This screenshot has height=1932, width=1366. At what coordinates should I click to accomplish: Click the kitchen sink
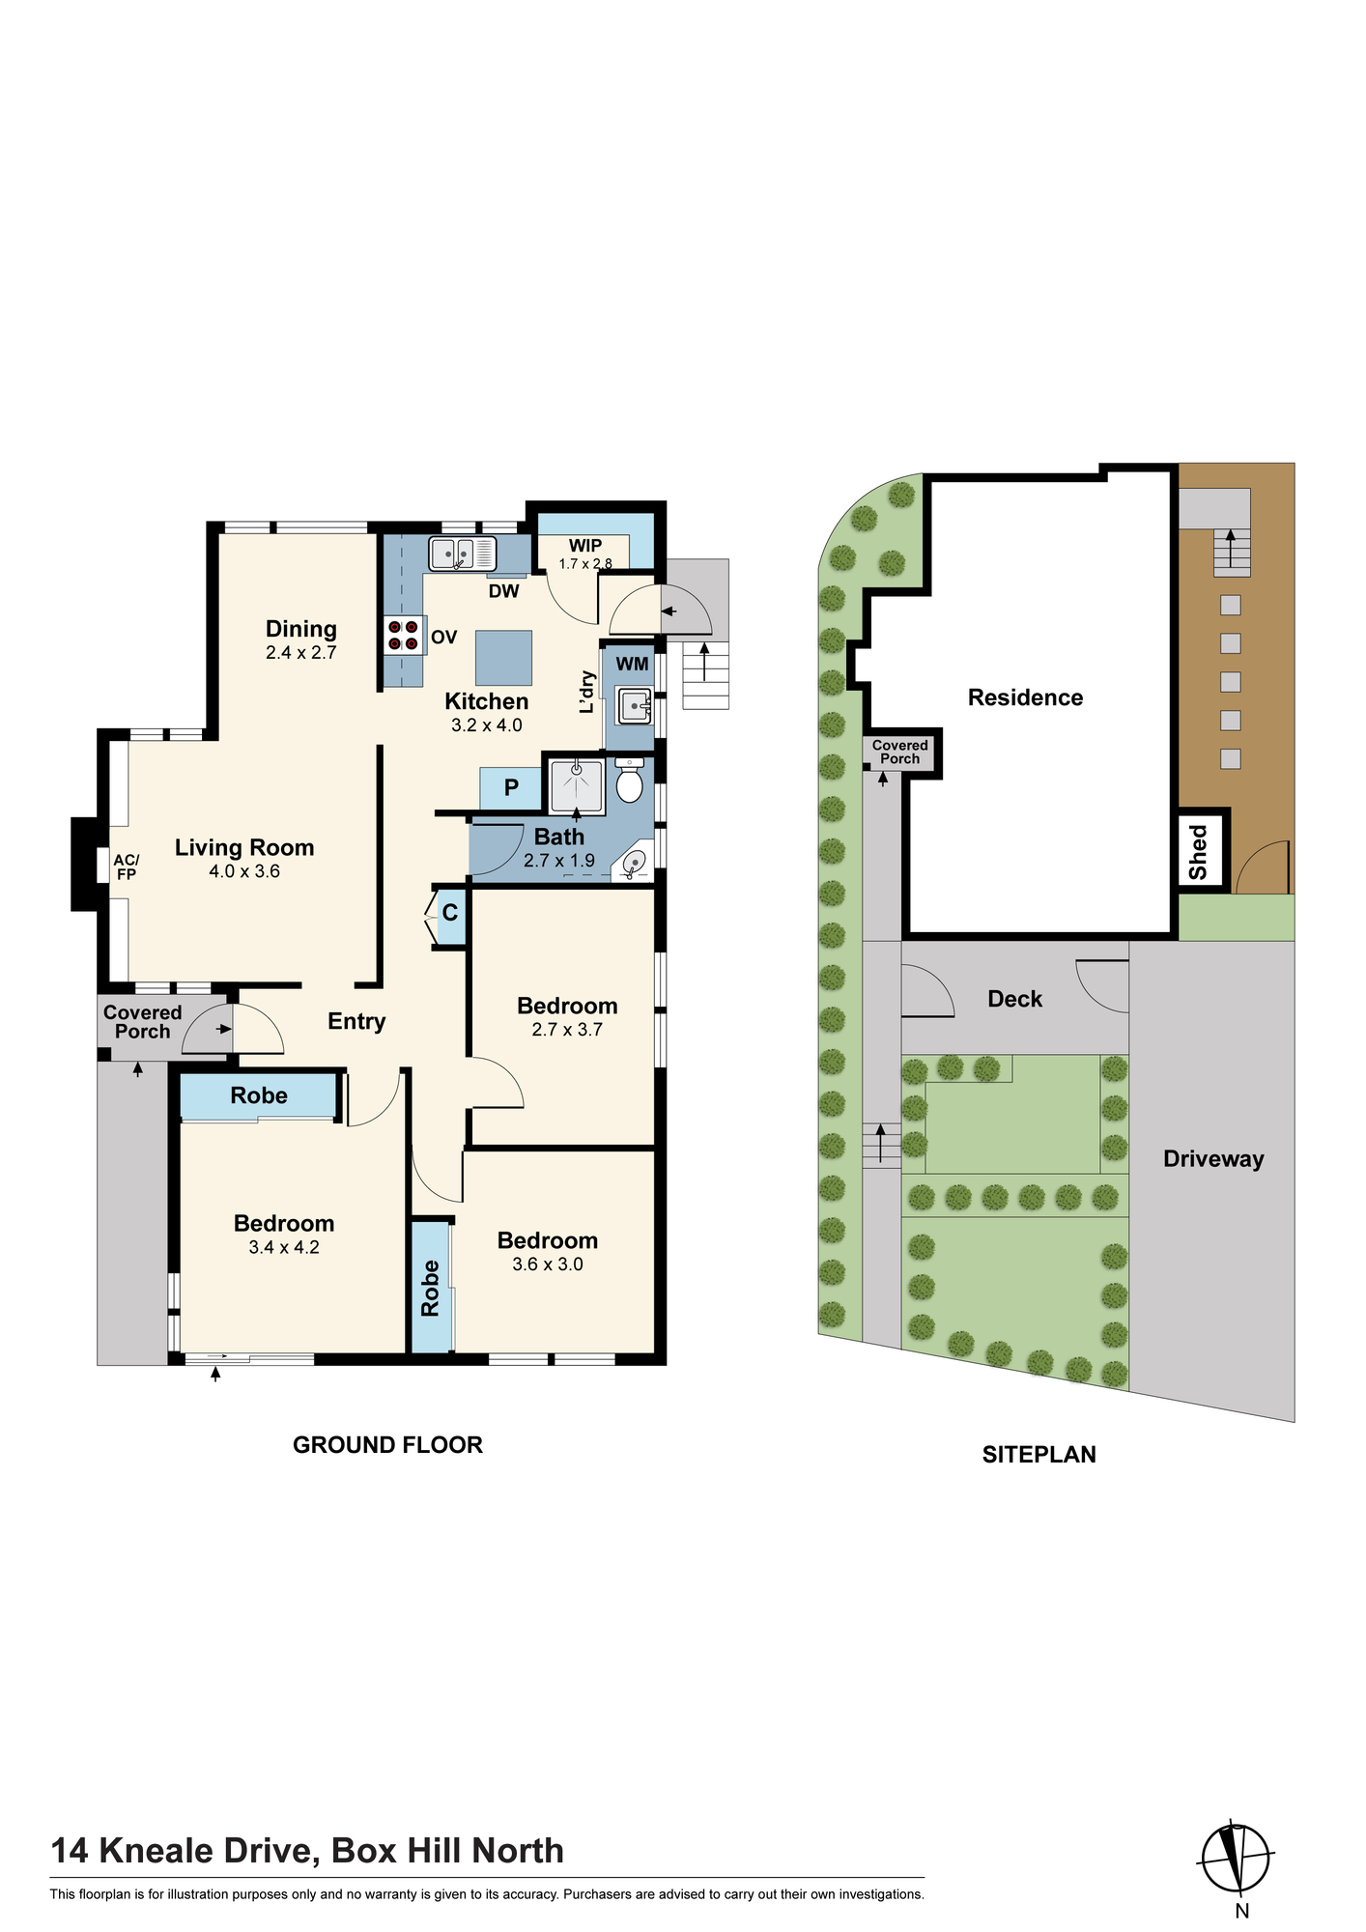pos(463,554)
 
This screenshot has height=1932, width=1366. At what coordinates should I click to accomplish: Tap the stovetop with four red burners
pos(404,635)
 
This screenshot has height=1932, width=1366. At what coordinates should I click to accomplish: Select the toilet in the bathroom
pos(629,781)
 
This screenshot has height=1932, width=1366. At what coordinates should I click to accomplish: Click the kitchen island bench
pos(503,658)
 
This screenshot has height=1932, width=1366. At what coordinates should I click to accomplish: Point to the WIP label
pos(585,546)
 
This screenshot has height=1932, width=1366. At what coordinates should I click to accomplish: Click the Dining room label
pos(301,629)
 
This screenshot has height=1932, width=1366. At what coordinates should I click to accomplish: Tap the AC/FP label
pos(127,867)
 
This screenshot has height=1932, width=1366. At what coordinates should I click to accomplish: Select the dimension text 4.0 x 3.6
pos(244,871)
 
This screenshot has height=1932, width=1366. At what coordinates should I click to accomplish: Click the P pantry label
pos(511,787)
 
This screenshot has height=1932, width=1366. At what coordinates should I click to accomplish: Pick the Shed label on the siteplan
pos(1199,851)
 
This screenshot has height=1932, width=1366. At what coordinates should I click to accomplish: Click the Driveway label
pos(1213,1159)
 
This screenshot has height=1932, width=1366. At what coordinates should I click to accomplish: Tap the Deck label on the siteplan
pos(1014,999)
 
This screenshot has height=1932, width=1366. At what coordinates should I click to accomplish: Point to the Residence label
pos(1025,697)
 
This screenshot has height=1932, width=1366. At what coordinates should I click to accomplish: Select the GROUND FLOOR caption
pos(387,1445)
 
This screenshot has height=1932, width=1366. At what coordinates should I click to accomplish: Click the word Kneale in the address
pos(157,1851)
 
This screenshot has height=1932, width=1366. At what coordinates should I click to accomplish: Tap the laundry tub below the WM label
pos(635,707)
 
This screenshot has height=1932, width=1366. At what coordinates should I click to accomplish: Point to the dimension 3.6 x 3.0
pos(548,1264)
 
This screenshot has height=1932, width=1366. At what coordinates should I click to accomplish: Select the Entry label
pos(356,1022)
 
